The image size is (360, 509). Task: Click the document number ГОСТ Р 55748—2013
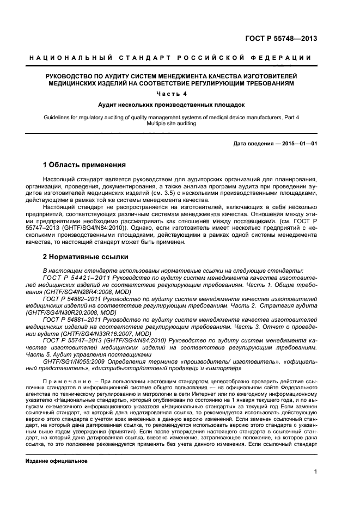pyautogui.click(x=288, y=39)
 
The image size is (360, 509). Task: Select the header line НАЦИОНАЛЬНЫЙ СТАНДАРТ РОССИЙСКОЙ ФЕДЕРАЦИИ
pyautogui.click(x=169, y=58)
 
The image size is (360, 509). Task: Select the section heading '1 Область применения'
pyautogui.click(x=84, y=164)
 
